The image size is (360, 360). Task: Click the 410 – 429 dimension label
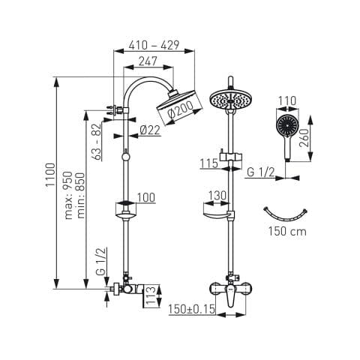coord(154,45)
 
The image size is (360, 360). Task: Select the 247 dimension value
coord(148,61)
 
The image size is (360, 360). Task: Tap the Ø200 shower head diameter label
coord(181,109)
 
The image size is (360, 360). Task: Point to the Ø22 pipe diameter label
coord(150,130)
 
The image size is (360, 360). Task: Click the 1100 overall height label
coord(50,174)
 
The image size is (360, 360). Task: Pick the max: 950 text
coord(68,195)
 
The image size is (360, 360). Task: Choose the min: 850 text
coord(81,196)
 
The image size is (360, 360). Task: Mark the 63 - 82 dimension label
coord(97,141)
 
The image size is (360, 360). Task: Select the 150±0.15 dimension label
coord(191,309)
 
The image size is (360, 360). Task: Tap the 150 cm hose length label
coord(287,231)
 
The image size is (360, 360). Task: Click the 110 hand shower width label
coord(287,101)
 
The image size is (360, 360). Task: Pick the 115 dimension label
coord(209,163)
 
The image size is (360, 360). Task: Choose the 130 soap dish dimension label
coord(217,196)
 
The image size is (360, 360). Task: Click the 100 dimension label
coord(146,197)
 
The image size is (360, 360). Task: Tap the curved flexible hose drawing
coord(286,217)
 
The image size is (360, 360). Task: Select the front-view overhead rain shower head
coord(230,100)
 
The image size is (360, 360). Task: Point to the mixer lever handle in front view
coord(231,298)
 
